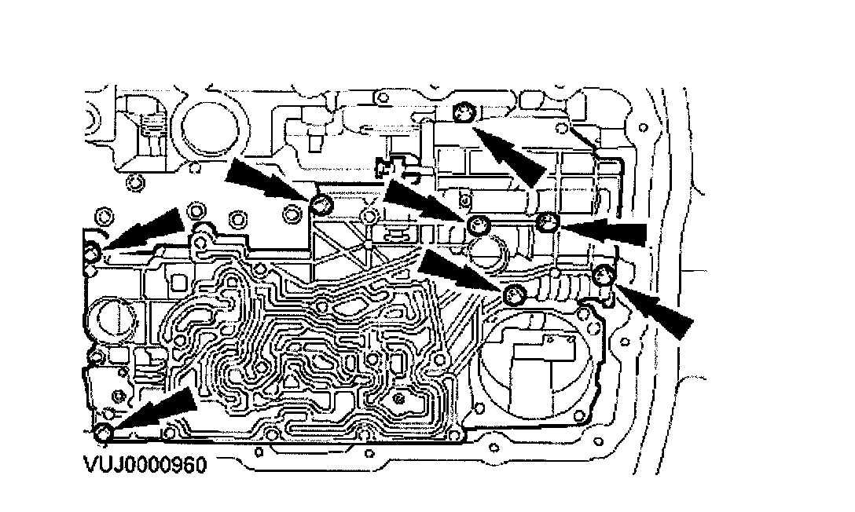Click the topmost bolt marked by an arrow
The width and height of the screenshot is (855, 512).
click(464, 112)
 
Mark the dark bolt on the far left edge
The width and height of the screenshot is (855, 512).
click(92, 253)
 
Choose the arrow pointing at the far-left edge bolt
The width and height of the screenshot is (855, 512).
click(146, 231)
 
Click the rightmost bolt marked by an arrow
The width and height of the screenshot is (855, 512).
click(603, 275)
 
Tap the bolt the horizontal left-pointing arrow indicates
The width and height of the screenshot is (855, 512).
click(548, 223)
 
